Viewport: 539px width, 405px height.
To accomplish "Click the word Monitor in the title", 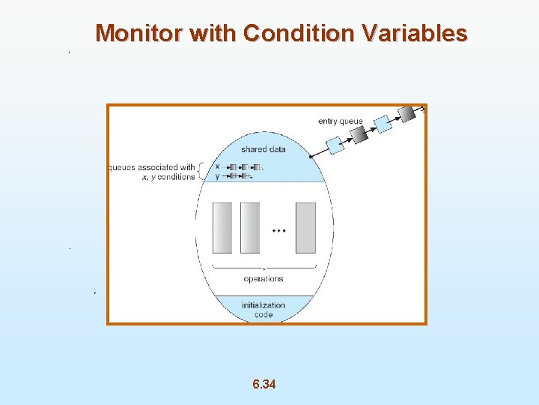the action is click(x=139, y=34).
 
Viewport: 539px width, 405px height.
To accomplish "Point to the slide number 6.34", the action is click(x=264, y=385).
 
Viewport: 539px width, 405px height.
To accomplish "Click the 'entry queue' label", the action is click(x=341, y=121).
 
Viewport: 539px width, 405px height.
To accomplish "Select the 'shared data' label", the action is click(x=263, y=149).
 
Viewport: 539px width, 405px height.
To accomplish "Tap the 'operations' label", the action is click(x=264, y=279).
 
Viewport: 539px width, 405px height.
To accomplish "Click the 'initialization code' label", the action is click(x=264, y=310).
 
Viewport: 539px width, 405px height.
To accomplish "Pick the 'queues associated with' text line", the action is click(x=152, y=167).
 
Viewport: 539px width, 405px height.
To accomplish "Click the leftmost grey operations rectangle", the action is click(x=222, y=227).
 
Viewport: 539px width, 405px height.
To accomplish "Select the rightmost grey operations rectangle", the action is click(x=305, y=227).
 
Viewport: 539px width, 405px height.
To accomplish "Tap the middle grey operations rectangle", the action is click(x=250, y=227).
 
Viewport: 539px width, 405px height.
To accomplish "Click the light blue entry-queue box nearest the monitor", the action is click(x=335, y=145).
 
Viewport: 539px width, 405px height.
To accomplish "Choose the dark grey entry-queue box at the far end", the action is click(x=407, y=113).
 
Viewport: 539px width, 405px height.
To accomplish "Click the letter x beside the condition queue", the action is click(x=217, y=166).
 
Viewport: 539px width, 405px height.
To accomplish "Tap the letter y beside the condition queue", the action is click(x=217, y=176).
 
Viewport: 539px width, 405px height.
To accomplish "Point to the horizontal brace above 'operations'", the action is click(x=264, y=268).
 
